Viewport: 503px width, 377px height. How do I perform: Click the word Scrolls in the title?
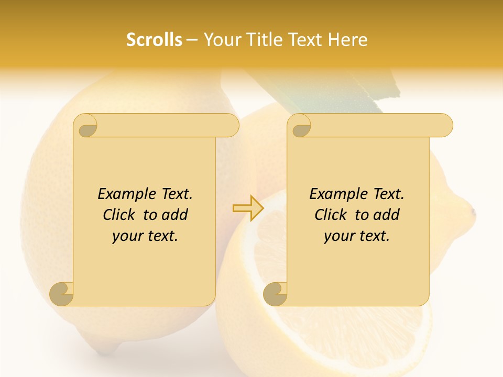coord(154,40)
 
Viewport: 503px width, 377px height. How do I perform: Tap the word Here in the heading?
coord(348,40)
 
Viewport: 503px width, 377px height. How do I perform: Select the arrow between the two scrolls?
coord(248,208)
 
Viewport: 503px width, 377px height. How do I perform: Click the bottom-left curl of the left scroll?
coord(62,294)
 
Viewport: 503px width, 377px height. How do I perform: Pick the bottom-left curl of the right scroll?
coord(275,294)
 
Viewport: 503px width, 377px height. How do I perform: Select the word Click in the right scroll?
coord(331,215)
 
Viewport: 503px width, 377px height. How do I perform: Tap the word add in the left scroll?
coord(175,215)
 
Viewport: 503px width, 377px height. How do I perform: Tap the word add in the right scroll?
coord(387,215)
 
